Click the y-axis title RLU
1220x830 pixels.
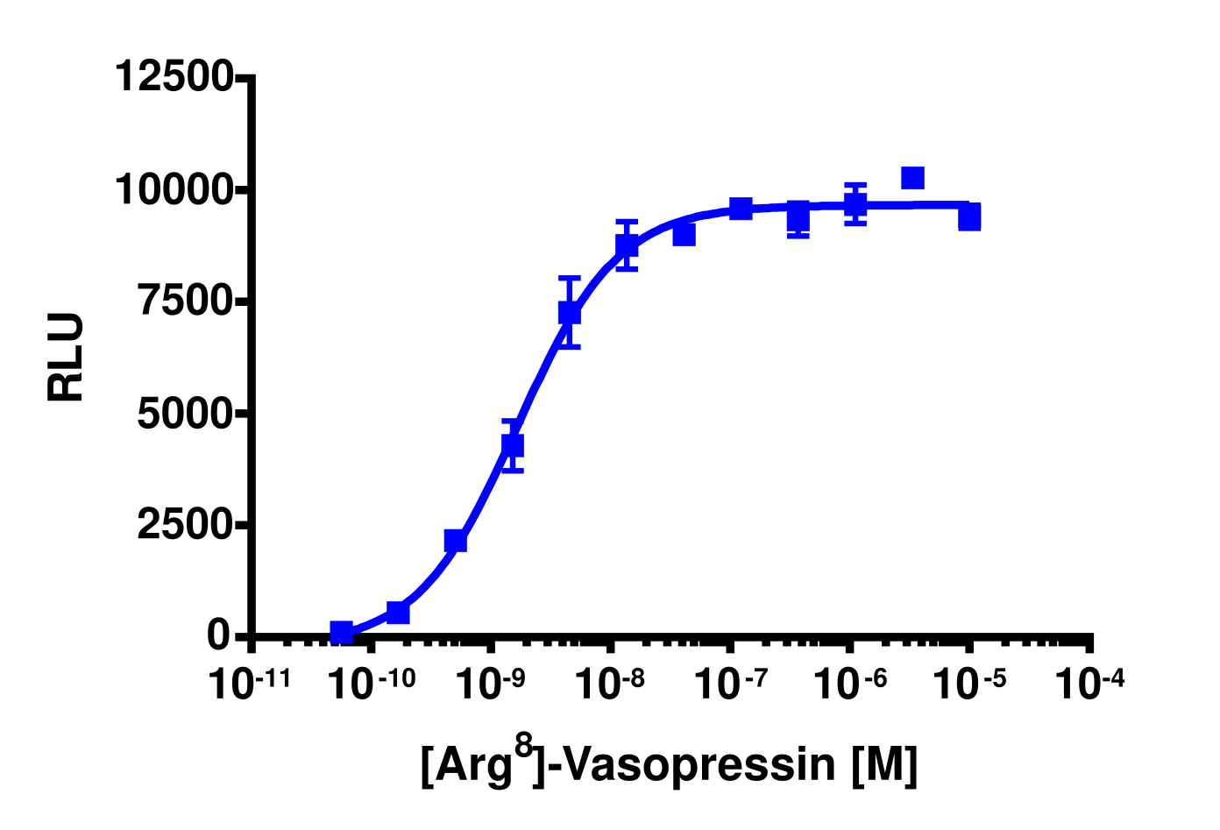click(x=67, y=357)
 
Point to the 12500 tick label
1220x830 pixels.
click(x=174, y=76)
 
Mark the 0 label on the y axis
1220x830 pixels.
click(x=218, y=635)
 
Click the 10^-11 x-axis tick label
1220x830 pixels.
click(x=250, y=684)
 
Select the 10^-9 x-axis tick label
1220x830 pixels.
click(x=490, y=684)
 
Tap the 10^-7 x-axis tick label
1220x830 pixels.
click(x=729, y=684)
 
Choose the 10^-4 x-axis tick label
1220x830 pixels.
click(x=1089, y=684)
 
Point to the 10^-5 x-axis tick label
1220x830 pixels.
click(x=968, y=684)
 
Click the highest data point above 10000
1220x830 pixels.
click(x=912, y=178)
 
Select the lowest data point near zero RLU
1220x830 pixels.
click(x=342, y=632)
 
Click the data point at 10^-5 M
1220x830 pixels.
click(x=968, y=216)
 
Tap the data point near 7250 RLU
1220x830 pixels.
click(x=570, y=313)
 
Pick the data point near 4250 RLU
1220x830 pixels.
click(x=513, y=445)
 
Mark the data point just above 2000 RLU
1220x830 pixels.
click(x=456, y=541)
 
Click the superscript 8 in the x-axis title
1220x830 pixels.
click(x=523, y=746)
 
